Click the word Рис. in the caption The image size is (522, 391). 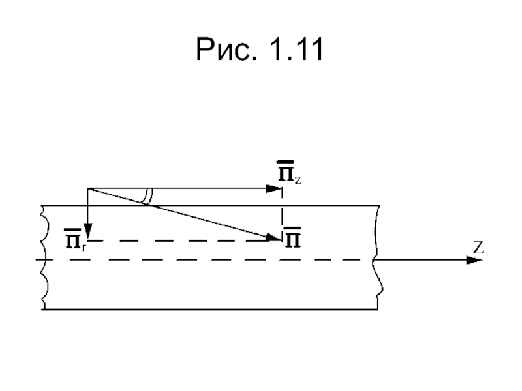(x=226, y=50)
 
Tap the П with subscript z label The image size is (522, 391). (x=289, y=173)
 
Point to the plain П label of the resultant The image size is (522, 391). (x=292, y=238)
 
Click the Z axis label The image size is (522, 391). (x=478, y=248)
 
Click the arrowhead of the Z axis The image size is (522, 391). (x=474, y=260)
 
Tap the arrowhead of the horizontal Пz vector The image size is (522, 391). (x=274, y=189)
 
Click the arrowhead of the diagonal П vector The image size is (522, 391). (x=273, y=237)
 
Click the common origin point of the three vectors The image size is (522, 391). (x=87, y=188)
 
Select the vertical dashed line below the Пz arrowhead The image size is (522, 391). (x=282, y=213)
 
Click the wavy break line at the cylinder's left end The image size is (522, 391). (x=44, y=257)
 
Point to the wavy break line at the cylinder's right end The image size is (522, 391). (x=378, y=257)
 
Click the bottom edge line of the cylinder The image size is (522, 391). (x=209, y=310)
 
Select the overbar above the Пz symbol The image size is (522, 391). (x=286, y=162)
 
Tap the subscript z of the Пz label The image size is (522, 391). (x=298, y=181)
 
